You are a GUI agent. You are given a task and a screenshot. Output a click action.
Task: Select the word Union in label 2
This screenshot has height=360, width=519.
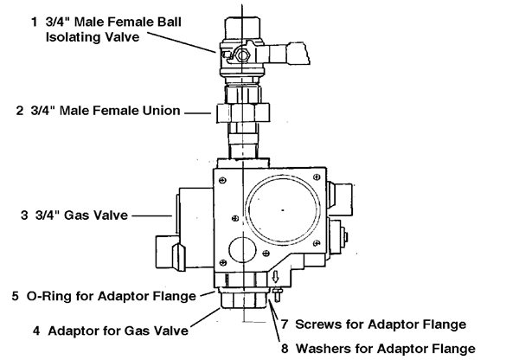tap(159, 111)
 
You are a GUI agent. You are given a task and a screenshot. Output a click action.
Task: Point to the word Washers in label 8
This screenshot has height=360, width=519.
tap(324, 349)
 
